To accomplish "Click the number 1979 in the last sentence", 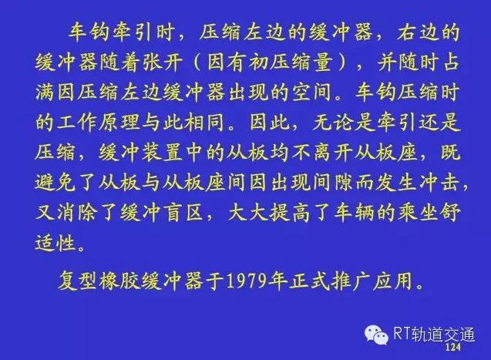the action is (x=249, y=280).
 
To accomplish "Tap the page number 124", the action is (x=452, y=347).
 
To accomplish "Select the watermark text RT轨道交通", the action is (x=434, y=334).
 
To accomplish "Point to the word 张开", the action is (x=163, y=62).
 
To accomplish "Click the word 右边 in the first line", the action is (x=418, y=32).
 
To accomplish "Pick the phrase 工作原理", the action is (x=98, y=122).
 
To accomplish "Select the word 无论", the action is (x=333, y=122).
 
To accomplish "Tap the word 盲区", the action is (x=183, y=213).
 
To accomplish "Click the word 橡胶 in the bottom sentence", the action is (x=120, y=280).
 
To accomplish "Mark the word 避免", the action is (x=55, y=183).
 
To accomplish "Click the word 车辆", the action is (x=354, y=213).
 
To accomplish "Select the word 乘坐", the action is (x=418, y=213).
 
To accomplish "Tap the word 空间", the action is (x=311, y=92).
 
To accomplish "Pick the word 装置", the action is (x=162, y=153).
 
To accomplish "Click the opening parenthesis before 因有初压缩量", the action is (x=197, y=62).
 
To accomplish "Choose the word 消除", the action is (x=77, y=213).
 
